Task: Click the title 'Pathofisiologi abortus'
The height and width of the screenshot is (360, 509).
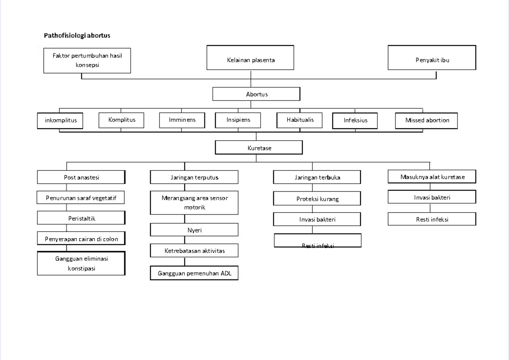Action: tap(77, 36)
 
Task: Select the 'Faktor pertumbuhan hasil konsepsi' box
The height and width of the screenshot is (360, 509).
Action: tap(87, 60)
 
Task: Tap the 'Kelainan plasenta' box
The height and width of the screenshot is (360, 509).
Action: tap(250, 60)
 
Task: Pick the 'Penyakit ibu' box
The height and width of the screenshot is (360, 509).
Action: tap(432, 60)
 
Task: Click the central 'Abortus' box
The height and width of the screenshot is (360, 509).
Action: tap(256, 94)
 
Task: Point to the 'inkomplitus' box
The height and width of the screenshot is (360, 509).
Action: tap(61, 120)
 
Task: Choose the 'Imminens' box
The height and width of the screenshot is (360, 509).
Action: tap(182, 120)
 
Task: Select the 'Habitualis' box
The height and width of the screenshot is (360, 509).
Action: tap(299, 120)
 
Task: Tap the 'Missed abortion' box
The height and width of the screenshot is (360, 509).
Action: tap(427, 120)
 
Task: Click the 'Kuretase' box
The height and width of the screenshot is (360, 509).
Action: tap(259, 148)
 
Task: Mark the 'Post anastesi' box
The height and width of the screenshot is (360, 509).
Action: tap(81, 177)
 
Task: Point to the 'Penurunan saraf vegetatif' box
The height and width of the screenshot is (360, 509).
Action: tap(81, 198)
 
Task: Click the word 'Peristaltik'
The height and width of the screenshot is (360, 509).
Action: tap(81, 218)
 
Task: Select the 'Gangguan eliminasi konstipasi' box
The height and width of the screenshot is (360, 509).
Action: tap(81, 263)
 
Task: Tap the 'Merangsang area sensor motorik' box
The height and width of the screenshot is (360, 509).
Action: tap(194, 202)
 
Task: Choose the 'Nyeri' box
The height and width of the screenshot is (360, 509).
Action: tap(194, 230)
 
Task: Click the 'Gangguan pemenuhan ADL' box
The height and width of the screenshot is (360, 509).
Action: tap(194, 273)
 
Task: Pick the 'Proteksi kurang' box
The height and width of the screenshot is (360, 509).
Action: tap(317, 199)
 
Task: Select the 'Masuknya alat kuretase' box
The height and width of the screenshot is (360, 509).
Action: tap(432, 177)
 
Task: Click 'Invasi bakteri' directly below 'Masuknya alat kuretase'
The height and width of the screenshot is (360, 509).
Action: tap(432, 197)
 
